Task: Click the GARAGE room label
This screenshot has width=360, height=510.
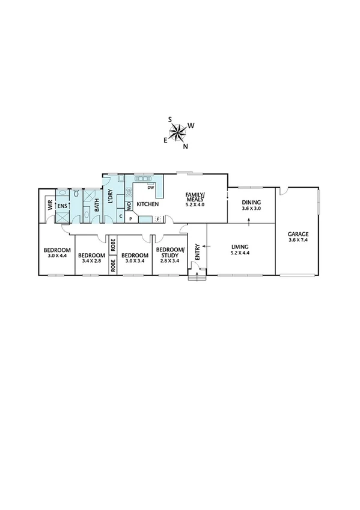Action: (x=298, y=235)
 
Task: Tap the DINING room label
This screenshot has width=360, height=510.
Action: (x=251, y=203)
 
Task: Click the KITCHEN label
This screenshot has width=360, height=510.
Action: (x=147, y=205)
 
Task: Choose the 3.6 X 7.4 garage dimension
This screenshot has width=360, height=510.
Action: (x=298, y=241)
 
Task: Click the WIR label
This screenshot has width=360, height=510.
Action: (x=50, y=205)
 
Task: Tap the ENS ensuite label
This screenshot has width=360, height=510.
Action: (x=62, y=206)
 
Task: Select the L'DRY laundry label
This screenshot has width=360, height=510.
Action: (x=111, y=197)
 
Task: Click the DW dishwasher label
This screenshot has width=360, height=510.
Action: (x=151, y=188)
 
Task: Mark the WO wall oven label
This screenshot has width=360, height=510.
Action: (x=129, y=206)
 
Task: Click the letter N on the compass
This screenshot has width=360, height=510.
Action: (x=186, y=146)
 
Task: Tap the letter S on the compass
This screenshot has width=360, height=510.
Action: (x=170, y=119)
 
